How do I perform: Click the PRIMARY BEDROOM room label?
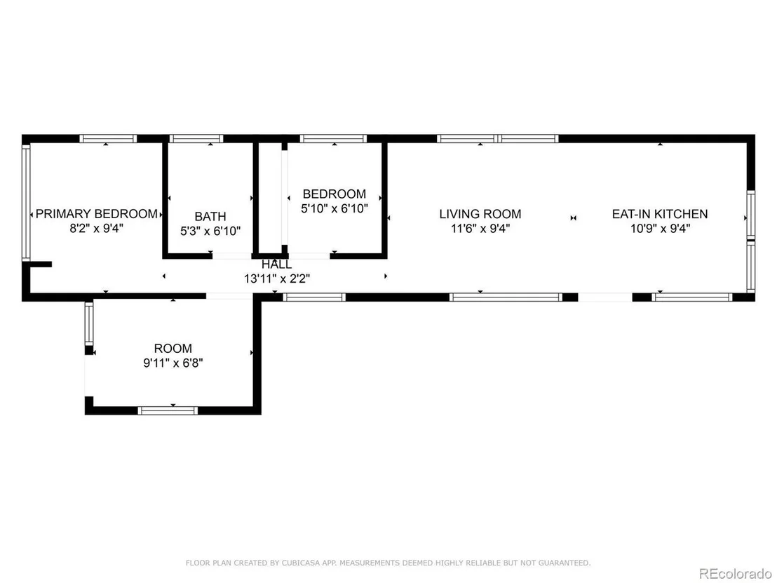click(97, 214)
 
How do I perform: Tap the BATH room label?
click(210, 217)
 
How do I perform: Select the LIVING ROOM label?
click(480, 214)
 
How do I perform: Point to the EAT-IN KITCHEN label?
click(660, 214)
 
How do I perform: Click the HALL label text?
click(276, 264)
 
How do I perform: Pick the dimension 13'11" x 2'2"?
click(277, 279)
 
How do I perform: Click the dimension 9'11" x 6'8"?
click(173, 363)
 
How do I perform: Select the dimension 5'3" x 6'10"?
click(210, 231)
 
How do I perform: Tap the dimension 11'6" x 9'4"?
click(480, 229)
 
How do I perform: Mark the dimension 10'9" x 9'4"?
click(660, 229)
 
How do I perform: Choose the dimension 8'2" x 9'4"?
click(96, 229)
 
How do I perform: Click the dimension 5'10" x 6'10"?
click(335, 208)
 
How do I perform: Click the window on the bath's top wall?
click(196, 139)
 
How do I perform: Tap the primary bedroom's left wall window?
click(26, 202)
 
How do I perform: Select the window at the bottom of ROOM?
click(168, 410)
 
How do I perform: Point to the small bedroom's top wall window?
click(334, 139)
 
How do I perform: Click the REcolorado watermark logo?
click(735, 574)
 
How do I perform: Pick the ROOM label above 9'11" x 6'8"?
click(173, 349)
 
